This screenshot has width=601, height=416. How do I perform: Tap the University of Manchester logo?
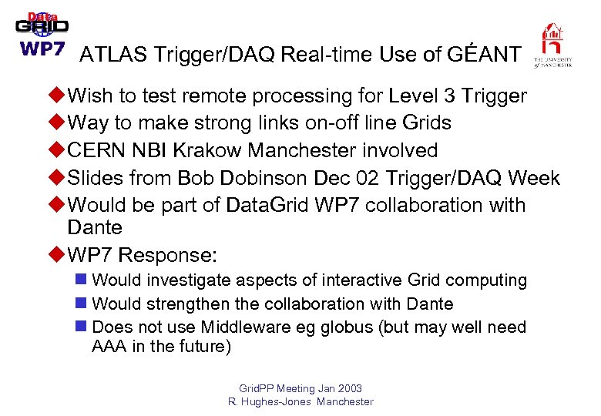coord(552,45)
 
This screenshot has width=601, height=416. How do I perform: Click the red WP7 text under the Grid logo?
coord(42,48)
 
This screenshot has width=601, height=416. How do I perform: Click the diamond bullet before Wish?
coord(57,96)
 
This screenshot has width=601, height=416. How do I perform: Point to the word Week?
coord(534,178)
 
